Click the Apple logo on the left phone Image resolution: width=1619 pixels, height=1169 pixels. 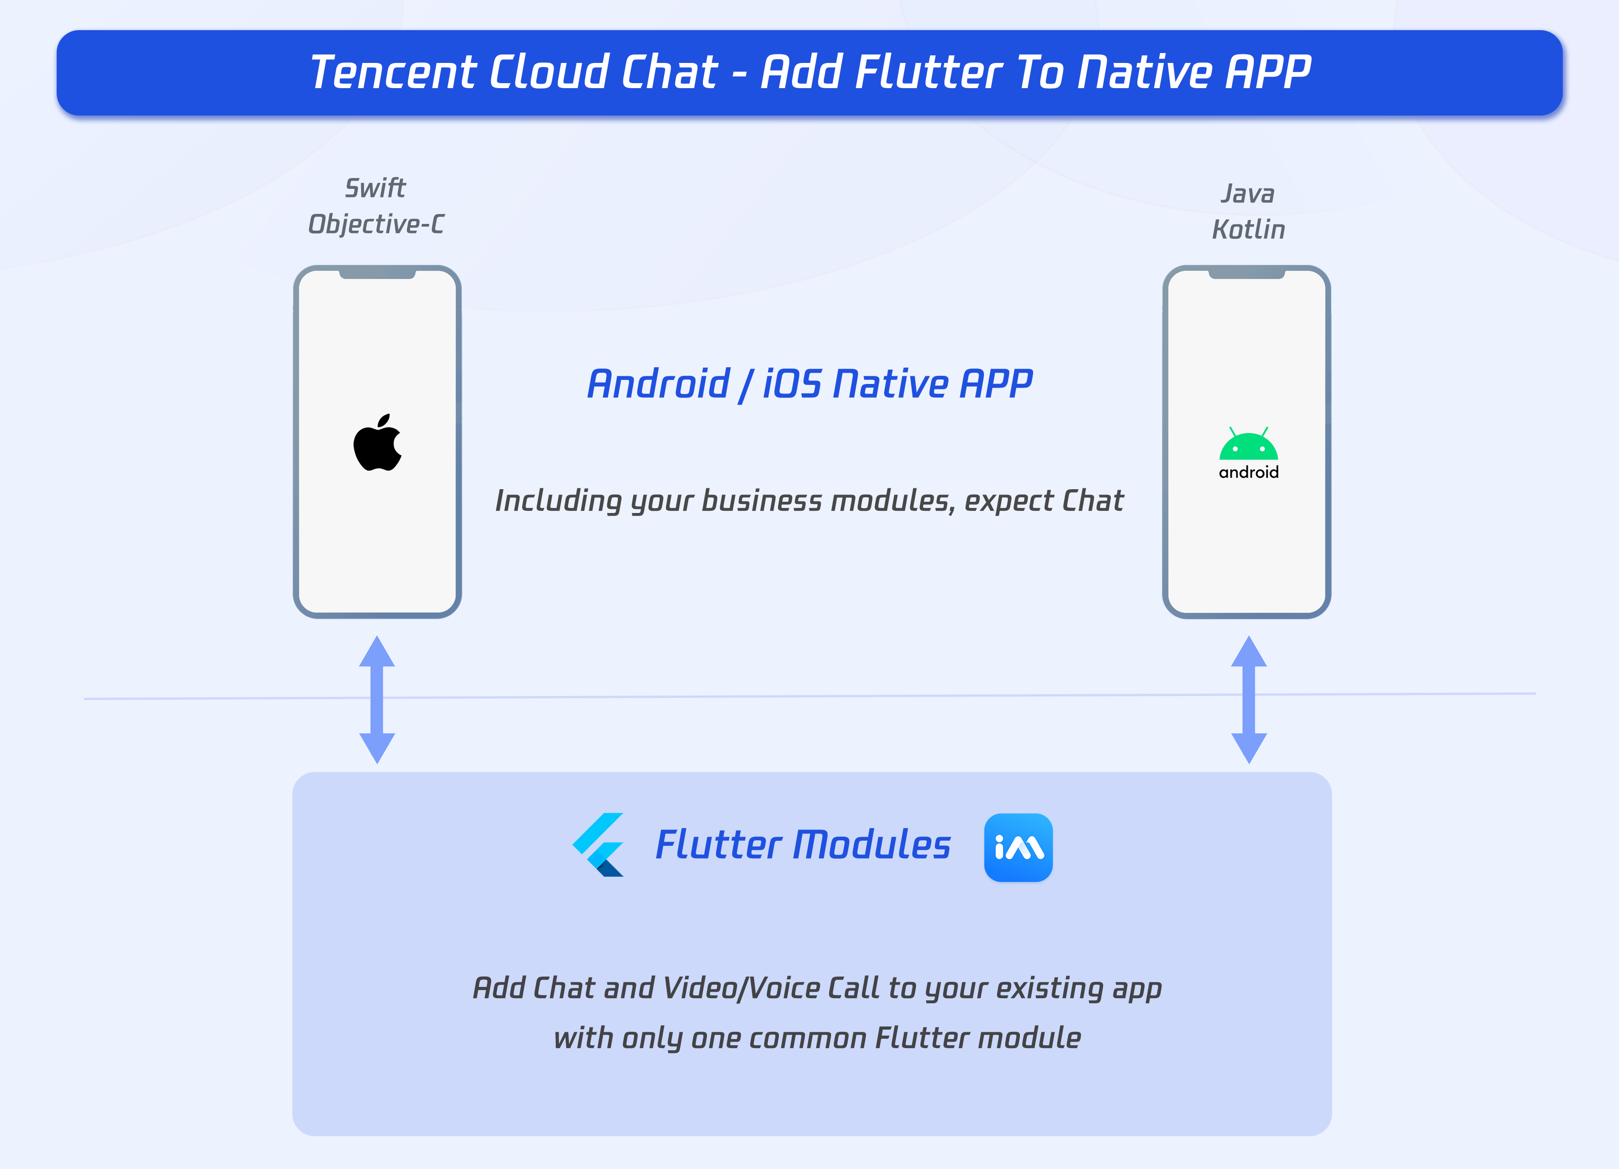(x=378, y=443)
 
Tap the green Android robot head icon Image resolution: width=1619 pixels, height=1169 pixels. (x=1248, y=445)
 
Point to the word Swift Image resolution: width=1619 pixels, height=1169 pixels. (x=376, y=188)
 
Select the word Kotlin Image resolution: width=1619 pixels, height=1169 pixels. (x=1248, y=230)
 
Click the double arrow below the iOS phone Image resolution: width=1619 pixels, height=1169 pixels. (x=377, y=700)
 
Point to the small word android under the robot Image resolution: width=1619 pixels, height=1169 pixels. (x=1248, y=473)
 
